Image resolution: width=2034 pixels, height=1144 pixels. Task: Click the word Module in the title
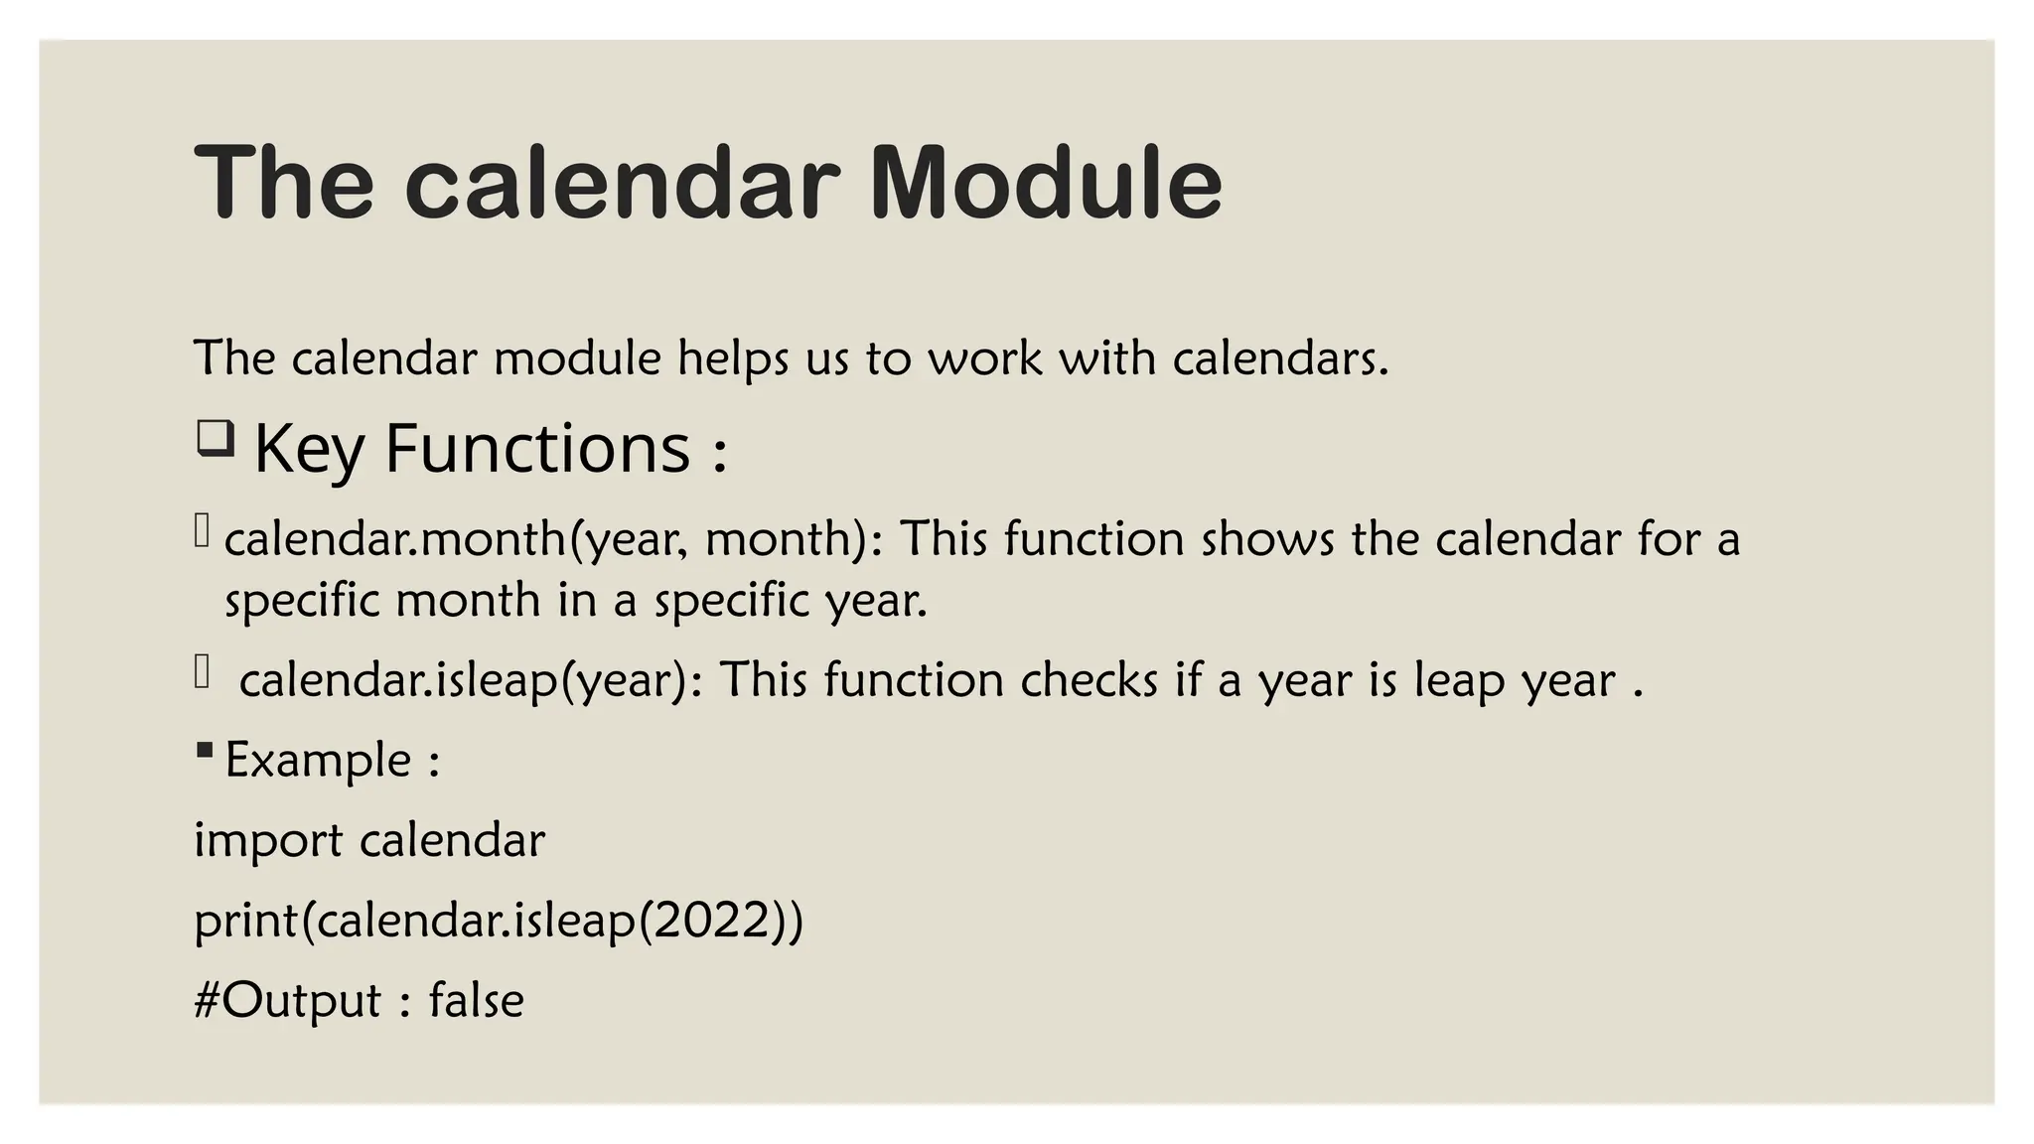pyautogui.click(x=1046, y=184)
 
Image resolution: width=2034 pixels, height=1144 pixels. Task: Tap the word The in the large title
pyautogui.click(x=284, y=184)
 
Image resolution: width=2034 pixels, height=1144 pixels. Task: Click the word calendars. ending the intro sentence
pyautogui.click(x=1279, y=358)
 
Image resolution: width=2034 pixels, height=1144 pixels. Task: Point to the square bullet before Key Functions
pyautogui.click(x=215, y=439)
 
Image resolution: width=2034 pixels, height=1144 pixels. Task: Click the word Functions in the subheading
pyautogui.click(x=537, y=448)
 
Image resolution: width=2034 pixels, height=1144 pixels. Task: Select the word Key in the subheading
pyautogui.click(x=309, y=450)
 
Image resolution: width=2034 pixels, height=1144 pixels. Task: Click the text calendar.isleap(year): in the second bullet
pyautogui.click(x=471, y=681)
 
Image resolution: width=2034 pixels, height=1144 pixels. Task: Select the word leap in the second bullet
pyautogui.click(x=1459, y=681)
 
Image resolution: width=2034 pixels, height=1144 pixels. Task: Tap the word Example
pyautogui.click(x=318, y=761)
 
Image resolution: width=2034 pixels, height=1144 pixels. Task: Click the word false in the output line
pyautogui.click(x=476, y=1000)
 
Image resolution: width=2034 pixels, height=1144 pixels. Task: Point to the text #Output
pyautogui.click(x=287, y=1001)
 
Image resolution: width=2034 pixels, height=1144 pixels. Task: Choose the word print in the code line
pyautogui.click(x=245, y=922)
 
